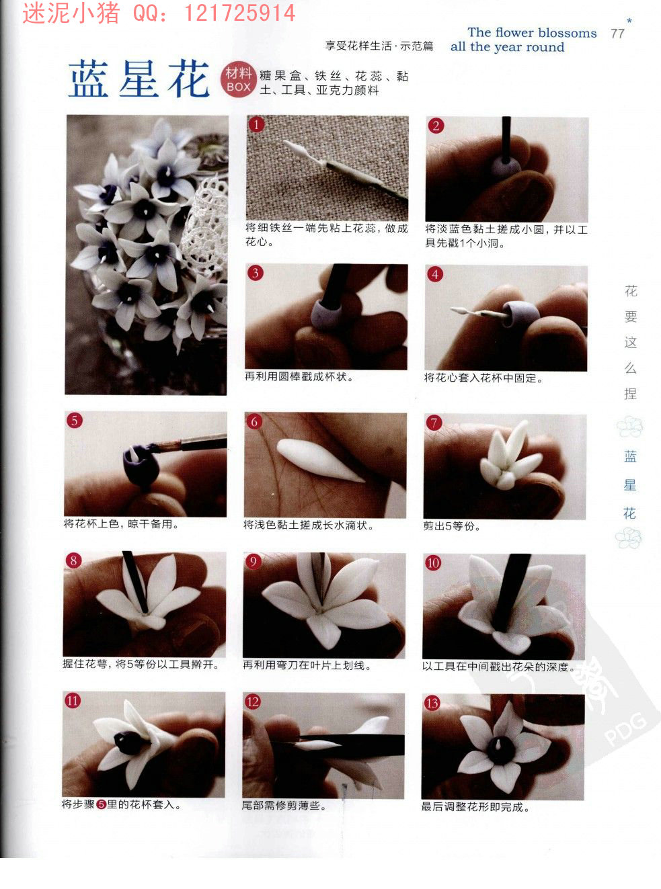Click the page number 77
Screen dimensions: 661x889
pyautogui.click(x=618, y=34)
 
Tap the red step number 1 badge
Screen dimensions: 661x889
pyautogui.click(x=256, y=125)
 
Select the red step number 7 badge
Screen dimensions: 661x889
pyautogui.click(x=434, y=423)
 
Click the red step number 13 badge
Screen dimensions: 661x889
pyautogui.click(x=432, y=703)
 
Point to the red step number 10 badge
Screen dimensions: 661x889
pyautogui.click(x=433, y=562)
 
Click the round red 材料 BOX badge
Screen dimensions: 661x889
pyautogui.click(x=238, y=80)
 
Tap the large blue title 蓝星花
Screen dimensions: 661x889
pyautogui.click(x=139, y=79)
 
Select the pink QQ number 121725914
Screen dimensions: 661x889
pyautogui.click(x=240, y=13)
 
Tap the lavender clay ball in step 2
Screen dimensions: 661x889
pyautogui.click(x=506, y=167)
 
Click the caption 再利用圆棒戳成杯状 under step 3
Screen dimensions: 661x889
pyautogui.click(x=299, y=376)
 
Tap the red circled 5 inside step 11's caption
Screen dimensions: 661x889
pyautogui.click(x=102, y=804)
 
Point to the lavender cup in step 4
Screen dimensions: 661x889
pyautogui.click(x=521, y=314)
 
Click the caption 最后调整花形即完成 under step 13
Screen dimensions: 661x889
pyautogui.click(x=475, y=807)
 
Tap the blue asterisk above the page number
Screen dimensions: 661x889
pyautogui.click(x=629, y=20)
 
